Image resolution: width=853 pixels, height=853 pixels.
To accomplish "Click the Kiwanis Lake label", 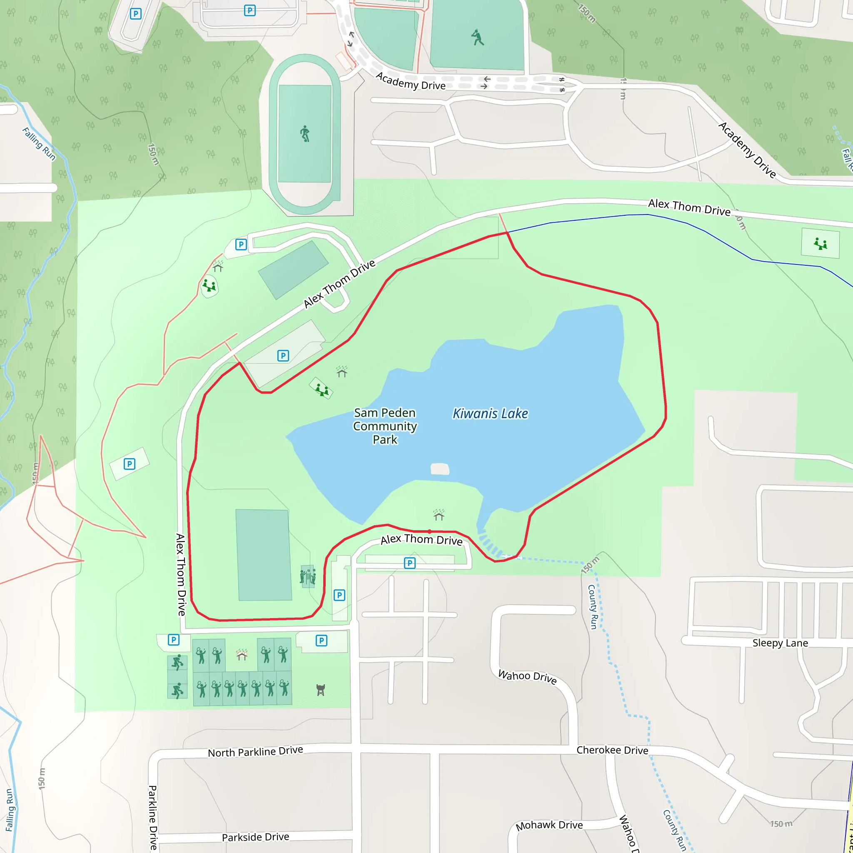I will pyautogui.click(x=490, y=414).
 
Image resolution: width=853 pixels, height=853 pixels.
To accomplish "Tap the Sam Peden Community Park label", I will pyautogui.click(x=385, y=426).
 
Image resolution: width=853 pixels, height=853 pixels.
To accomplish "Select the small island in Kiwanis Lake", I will pyautogui.click(x=439, y=469).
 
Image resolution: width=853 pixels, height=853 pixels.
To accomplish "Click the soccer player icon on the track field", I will pyautogui.click(x=304, y=134).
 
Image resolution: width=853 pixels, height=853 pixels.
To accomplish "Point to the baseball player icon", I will pyautogui.click(x=477, y=37).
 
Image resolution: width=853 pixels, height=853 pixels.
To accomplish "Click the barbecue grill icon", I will pyautogui.click(x=321, y=690).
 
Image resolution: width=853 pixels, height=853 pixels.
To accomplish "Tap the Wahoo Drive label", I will pyautogui.click(x=527, y=676).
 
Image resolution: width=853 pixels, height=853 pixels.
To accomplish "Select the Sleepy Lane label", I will pyautogui.click(x=780, y=643).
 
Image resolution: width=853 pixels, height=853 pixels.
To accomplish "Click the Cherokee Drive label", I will pyautogui.click(x=612, y=751).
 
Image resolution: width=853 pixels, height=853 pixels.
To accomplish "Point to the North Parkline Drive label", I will pyautogui.click(x=255, y=752).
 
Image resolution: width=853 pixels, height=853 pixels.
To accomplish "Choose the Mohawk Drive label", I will pyautogui.click(x=549, y=825).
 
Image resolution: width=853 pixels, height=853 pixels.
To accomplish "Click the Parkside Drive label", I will pyautogui.click(x=255, y=838).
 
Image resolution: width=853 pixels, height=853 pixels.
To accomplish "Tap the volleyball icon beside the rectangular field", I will pyautogui.click(x=308, y=576).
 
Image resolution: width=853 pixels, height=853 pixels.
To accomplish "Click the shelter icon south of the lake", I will pyautogui.click(x=439, y=515).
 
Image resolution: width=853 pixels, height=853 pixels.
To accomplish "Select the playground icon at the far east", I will pyautogui.click(x=821, y=243).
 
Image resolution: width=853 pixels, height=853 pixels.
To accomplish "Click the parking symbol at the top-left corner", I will pyautogui.click(x=135, y=14).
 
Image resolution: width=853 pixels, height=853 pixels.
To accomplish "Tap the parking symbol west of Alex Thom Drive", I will pyautogui.click(x=130, y=464).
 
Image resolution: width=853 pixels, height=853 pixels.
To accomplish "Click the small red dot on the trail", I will pyautogui.click(x=429, y=531).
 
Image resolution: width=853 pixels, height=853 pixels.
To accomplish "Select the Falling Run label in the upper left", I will pyautogui.click(x=39, y=144).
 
